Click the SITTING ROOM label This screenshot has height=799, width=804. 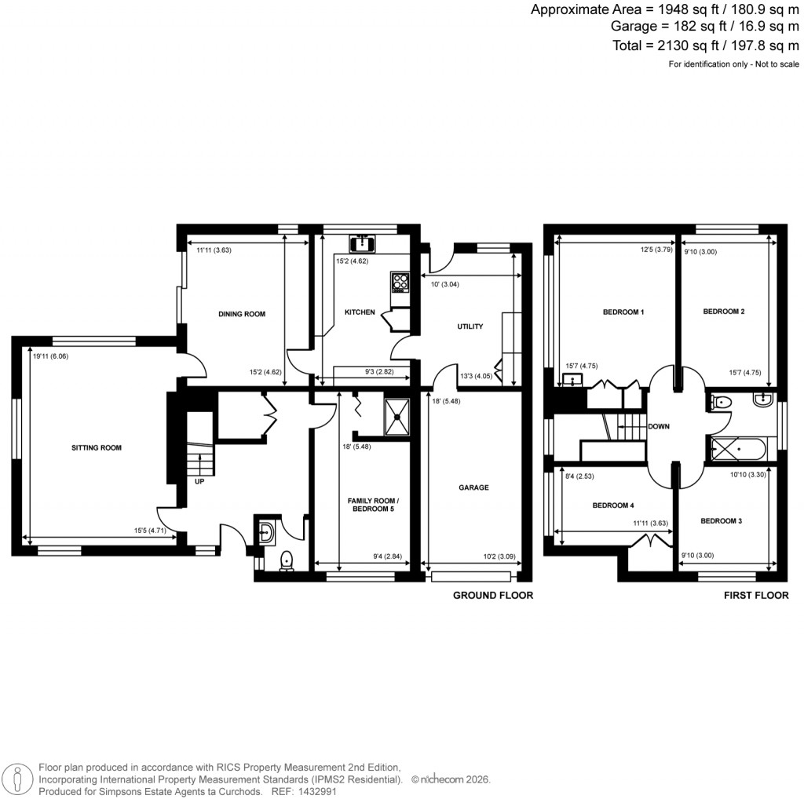(x=97, y=448)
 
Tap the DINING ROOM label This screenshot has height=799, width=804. (x=242, y=314)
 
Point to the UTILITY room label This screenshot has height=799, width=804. (x=470, y=327)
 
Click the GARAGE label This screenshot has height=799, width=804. (x=473, y=487)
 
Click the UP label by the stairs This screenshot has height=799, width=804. (x=199, y=482)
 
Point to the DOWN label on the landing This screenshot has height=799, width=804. (x=658, y=427)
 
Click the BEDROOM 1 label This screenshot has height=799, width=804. (x=623, y=312)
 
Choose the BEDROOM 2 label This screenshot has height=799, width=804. (x=723, y=312)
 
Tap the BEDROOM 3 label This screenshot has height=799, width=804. (x=721, y=520)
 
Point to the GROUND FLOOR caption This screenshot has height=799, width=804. (x=493, y=596)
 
